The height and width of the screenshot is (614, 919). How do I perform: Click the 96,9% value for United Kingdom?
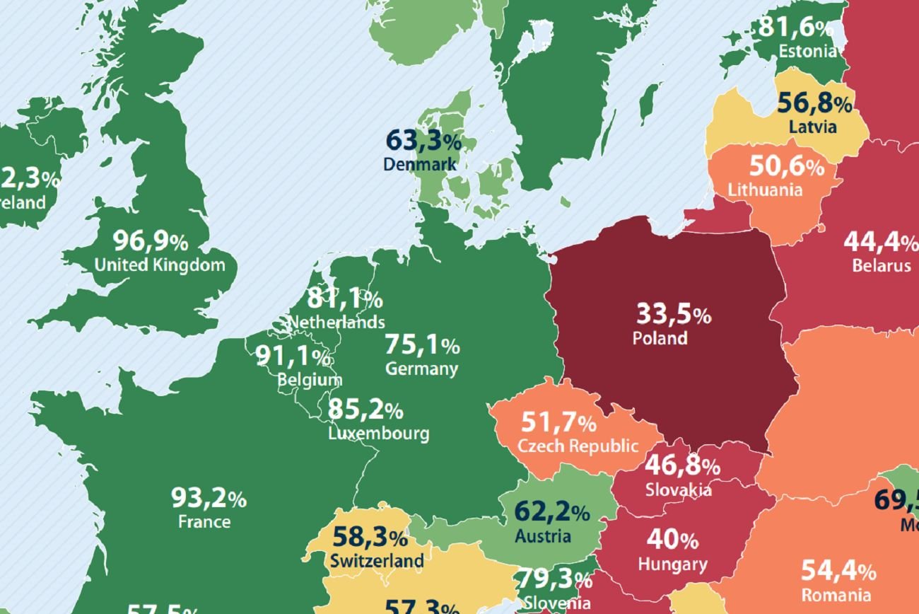(x=151, y=242)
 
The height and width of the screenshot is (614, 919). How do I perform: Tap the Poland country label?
(x=660, y=338)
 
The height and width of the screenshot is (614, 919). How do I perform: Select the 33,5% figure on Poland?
(x=673, y=313)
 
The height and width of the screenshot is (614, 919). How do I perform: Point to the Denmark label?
(x=419, y=164)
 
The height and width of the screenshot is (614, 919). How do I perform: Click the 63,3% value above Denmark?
(x=423, y=141)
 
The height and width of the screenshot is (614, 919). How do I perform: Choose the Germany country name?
(x=421, y=369)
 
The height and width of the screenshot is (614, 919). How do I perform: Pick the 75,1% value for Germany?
(x=422, y=345)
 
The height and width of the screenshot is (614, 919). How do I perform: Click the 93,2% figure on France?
(x=209, y=499)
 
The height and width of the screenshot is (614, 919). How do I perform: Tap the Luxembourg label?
(x=378, y=433)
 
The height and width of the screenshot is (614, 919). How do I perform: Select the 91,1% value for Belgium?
(x=293, y=357)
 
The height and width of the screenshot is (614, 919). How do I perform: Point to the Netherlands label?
(x=336, y=323)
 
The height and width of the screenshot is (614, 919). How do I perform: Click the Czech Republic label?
(x=578, y=446)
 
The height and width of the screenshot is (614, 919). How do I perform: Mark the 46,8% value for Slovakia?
(x=682, y=466)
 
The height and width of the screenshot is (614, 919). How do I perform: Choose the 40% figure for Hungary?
(x=672, y=540)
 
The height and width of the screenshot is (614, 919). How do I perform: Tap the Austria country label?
(x=542, y=535)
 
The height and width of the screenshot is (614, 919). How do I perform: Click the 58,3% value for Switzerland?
(x=370, y=538)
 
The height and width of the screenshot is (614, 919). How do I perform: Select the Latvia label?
(x=812, y=127)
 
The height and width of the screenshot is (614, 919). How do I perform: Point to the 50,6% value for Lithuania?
(x=786, y=167)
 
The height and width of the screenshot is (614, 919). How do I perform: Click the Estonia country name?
(x=807, y=51)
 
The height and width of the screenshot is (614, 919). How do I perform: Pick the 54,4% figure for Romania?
(x=838, y=570)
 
